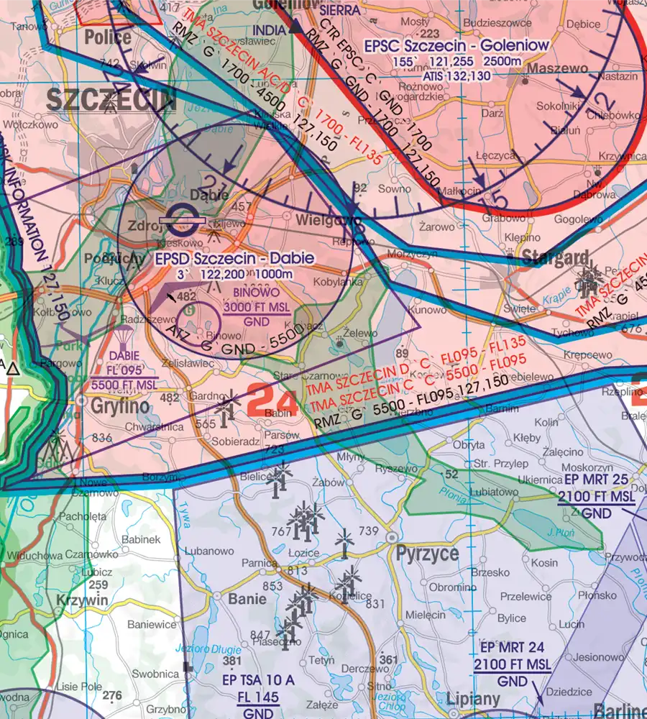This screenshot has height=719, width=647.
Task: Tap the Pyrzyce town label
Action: point(426,554)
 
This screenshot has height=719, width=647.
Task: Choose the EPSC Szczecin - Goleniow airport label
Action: point(456,46)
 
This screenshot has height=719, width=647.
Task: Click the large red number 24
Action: point(272,402)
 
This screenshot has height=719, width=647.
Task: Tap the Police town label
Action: point(108,37)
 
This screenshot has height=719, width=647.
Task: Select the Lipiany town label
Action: point(472,699)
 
